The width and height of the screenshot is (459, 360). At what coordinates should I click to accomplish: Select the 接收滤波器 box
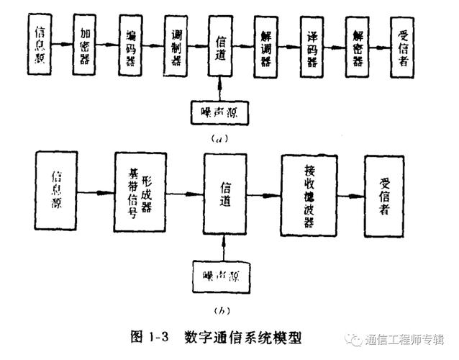[309, 194]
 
